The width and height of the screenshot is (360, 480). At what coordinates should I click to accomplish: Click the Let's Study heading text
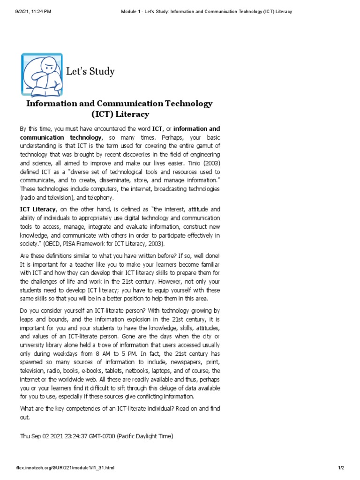pos(90,72)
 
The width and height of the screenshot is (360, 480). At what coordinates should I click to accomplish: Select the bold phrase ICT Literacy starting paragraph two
pos(38,209)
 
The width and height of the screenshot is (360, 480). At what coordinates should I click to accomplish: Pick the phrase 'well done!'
pos(205,255)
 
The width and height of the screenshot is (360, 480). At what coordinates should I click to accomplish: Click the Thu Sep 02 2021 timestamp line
pos(96,436)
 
